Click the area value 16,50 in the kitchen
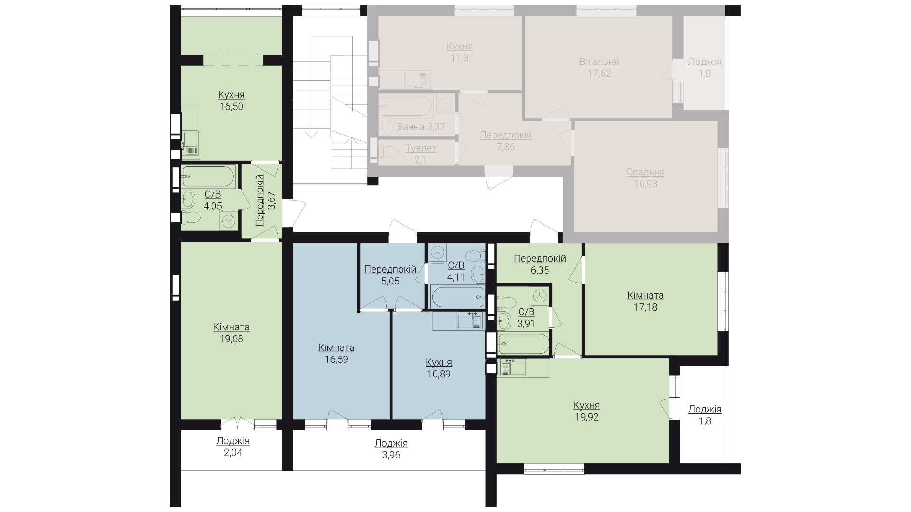click(232, 107)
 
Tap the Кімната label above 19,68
click(232, 327)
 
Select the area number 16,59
click(336, 359)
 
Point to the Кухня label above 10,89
click(439, 363)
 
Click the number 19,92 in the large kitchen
click(586, 417)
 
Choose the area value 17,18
click(645, 307)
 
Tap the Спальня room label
click(645, 172)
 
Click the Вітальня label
click(599, 62)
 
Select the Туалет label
click(421, 148)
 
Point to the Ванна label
click(410, 127)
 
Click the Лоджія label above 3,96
click(391, 444)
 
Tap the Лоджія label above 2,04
click(233, 441)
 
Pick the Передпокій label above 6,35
click(540, 259)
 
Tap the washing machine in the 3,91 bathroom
click(539, 296)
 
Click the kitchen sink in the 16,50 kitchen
click(191, 143)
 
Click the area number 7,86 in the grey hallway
click(506, 147)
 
